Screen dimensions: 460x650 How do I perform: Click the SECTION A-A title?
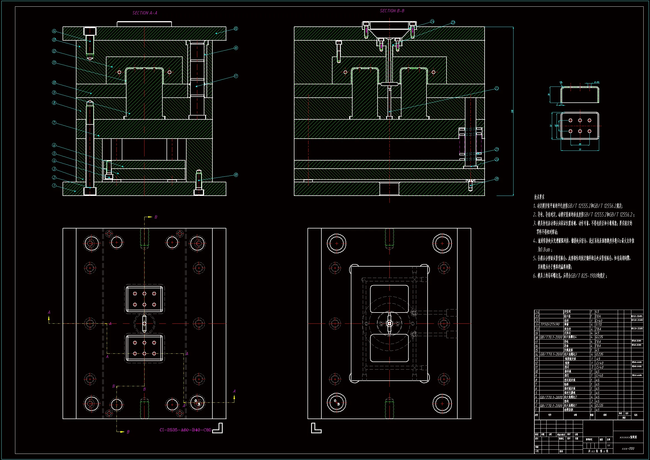145,13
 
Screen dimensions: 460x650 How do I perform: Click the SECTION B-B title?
392,11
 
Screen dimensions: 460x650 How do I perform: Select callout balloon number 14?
54,31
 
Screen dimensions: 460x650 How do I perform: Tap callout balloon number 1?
54,186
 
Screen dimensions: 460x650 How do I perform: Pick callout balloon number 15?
236,29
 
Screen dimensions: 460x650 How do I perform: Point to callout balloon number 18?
236,175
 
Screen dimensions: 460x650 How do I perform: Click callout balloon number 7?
54,123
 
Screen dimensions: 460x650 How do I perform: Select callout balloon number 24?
432,21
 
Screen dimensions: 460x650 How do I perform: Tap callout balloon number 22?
497,88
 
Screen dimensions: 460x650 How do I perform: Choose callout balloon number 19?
497,179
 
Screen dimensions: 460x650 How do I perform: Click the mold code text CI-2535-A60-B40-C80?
185,430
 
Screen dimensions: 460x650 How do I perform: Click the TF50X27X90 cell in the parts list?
550,324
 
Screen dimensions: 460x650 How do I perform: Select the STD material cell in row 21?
599,324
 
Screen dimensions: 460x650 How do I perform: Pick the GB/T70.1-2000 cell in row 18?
551,337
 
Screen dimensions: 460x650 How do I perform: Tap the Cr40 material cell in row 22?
599,321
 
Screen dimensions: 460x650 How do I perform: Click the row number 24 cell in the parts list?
537,312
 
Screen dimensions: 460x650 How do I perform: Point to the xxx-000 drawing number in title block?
628,449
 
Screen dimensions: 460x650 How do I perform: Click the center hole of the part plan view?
580,126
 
